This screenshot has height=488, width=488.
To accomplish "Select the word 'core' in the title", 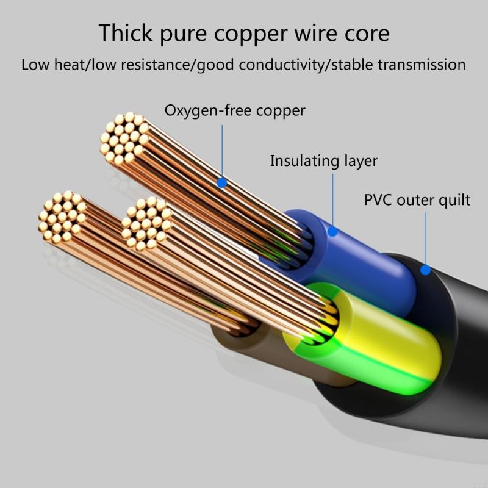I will pos(365,33).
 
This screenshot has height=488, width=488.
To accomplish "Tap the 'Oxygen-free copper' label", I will pos(235,111).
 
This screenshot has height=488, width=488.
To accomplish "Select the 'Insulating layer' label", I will pos(324,161).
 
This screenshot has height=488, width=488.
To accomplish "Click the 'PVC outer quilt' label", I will pos(417,200).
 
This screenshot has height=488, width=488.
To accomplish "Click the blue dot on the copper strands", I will pos(222,182).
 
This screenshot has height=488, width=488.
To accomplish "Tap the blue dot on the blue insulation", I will pos(332,231).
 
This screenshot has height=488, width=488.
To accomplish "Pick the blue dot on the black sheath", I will pos(425,270).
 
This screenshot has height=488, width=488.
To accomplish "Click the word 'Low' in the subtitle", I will pos(34,65).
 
